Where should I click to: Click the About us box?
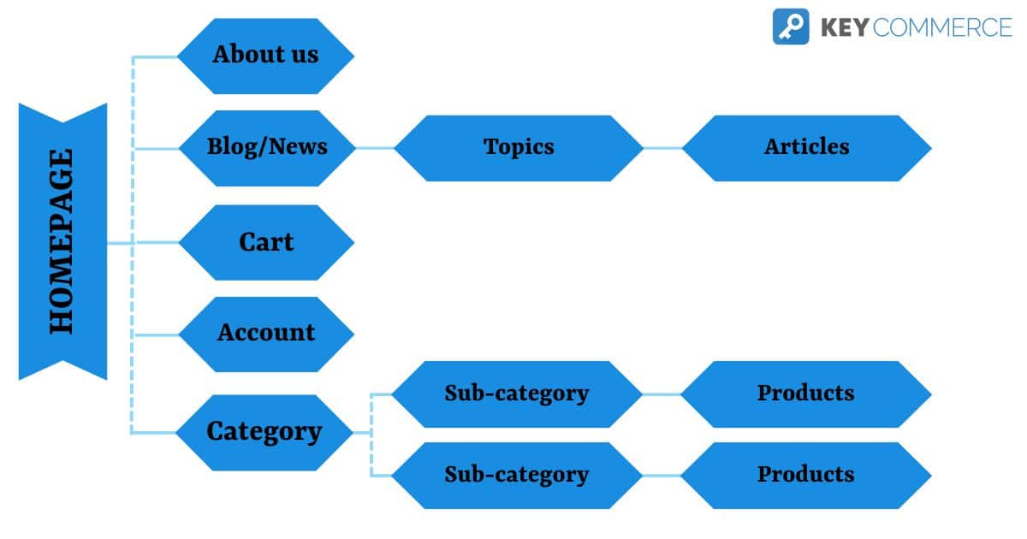[265, 56]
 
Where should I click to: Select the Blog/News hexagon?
[266, 147]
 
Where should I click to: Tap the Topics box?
[519, 147]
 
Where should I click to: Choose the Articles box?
[806, 147]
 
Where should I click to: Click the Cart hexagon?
[266, 242]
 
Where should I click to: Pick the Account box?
[266, 333]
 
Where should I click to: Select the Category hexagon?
[264, 432]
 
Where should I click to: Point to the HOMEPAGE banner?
[62, 241]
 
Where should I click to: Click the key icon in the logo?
[790, 27]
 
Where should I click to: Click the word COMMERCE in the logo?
[944, 27]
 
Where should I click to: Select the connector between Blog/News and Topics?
[374, 148]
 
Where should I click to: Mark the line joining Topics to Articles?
[662, 148]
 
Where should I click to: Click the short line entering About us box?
[156, 57]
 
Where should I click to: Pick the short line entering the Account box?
[156, 335]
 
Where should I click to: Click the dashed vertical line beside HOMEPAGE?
[133, 197]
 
